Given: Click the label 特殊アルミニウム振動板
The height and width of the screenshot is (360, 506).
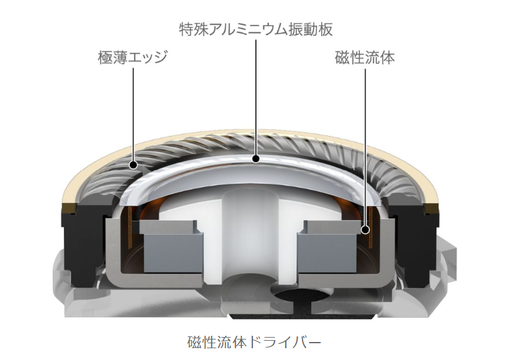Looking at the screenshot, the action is point(255,29).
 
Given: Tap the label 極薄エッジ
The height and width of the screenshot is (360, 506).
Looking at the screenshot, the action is point(133,58).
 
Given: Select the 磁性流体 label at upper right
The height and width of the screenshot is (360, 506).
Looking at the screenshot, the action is point(365,58).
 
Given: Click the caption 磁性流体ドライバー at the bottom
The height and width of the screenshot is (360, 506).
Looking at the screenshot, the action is point(254,342).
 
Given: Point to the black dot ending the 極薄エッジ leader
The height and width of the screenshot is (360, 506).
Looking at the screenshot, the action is point(133,165).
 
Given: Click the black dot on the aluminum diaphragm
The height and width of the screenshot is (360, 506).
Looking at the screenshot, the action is point(256,158).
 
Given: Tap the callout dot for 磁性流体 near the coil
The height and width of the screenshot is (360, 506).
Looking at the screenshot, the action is point(365,230).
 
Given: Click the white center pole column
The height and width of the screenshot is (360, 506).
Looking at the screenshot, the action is point(251,236).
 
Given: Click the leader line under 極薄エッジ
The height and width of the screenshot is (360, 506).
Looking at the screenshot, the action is point(133,115).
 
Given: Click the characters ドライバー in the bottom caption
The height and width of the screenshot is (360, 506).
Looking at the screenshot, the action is point(285,342).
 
